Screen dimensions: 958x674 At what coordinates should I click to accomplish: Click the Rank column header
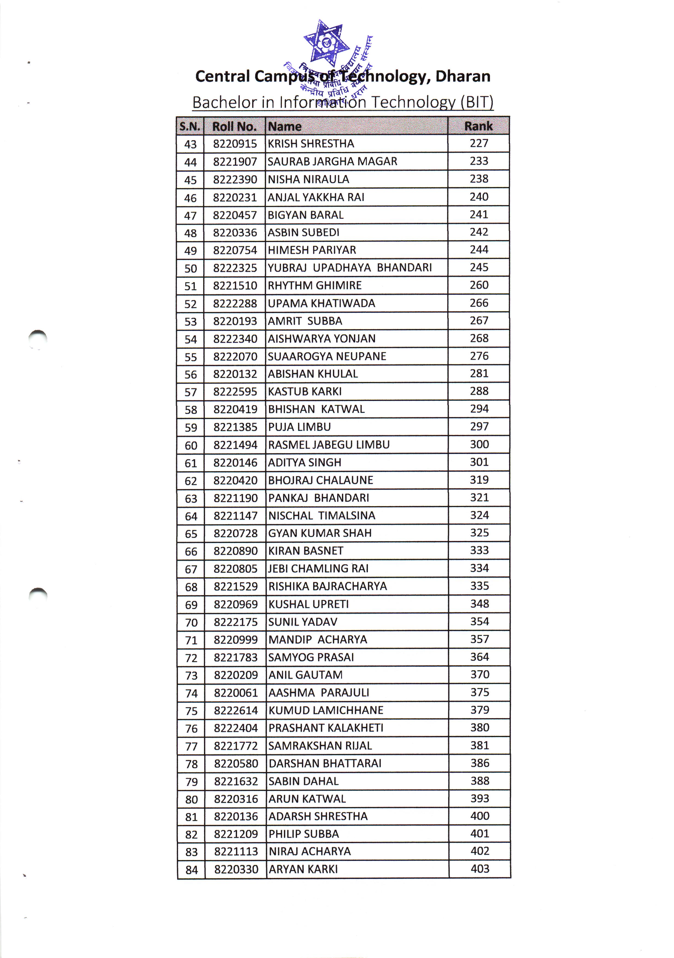pyautogui.click(x=478, y=126)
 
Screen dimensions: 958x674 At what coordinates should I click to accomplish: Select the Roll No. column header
pyautogui.click(x=234, y=126)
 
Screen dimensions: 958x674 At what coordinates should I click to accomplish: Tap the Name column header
pyautogui.click(x=284, y=126)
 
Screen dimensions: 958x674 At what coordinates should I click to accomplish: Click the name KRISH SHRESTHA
pyautogui.click(x=311, y=144)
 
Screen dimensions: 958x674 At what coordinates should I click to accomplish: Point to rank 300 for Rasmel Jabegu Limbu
pyautogui.click(x=479, y=444)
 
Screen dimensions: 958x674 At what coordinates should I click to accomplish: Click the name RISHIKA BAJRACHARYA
pyautogui.click(x=327, y=586)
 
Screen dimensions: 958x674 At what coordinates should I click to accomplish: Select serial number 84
pyautogui.click(x=191, y=870)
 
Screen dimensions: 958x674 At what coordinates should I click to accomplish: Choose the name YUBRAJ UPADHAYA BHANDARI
pyautogui.click(x=350, y=267)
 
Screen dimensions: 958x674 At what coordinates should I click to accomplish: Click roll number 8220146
pyautogui.click(x=235, y=463)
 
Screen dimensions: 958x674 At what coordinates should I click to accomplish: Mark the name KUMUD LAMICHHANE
pyautogui.click(x=326, y=710)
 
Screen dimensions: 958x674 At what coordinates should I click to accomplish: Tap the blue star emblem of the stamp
pyautogui.click(x=326, y=42)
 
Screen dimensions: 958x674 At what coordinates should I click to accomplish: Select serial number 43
pyautogui.click(x=191, y=144)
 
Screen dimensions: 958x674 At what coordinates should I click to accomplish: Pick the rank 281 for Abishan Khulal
pyautogui.click(x=479, y=373)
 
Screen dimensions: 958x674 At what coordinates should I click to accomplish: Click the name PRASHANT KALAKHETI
pyautogui.click(x=326, y=728)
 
